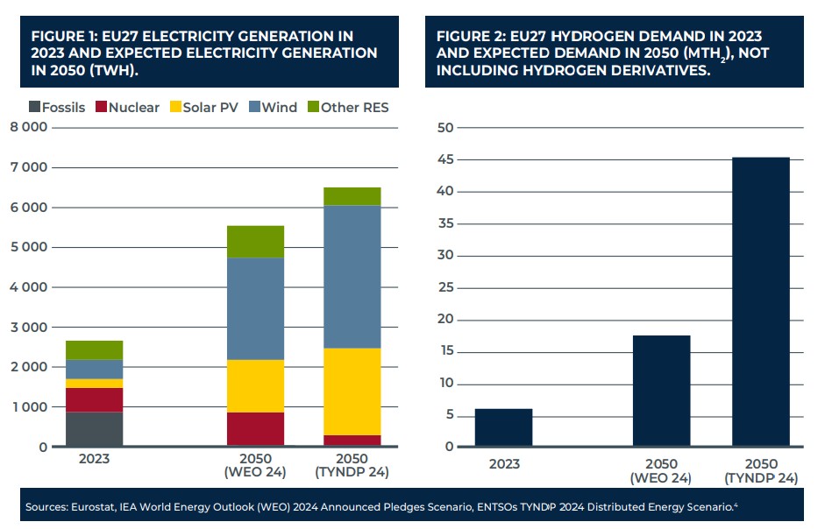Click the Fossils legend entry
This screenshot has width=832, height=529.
[58, 108]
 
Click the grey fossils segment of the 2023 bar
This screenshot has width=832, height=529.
[94, 429]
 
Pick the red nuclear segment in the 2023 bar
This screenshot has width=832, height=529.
[94, 399]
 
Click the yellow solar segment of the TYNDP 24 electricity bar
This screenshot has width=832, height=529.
[352, 391]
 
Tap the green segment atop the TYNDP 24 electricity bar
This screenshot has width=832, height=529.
[352, 196]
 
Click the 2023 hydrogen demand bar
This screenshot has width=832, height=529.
[503, 427]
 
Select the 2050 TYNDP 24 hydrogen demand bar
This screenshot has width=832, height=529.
[761, 302]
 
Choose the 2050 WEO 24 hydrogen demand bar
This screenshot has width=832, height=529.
[661, 391]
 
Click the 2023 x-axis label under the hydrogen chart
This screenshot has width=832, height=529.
[503, 464]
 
